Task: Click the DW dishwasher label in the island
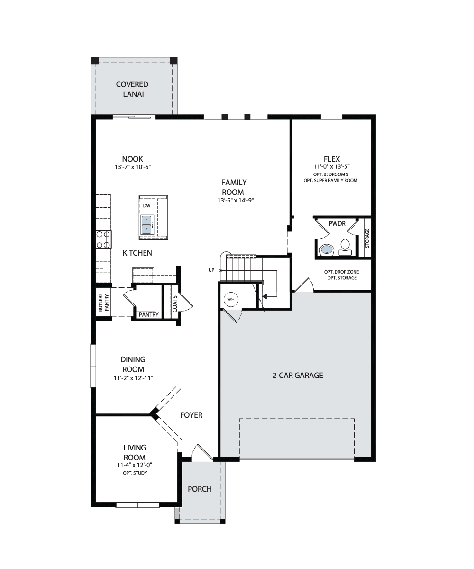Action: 146,205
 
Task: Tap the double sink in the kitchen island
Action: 146,225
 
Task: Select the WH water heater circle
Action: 231,300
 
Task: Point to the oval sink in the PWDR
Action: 327,249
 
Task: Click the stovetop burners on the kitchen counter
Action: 103,239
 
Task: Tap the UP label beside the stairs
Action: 211,270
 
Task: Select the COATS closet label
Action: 175,304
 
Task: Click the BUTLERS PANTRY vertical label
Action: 103,303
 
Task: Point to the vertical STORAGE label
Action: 367,238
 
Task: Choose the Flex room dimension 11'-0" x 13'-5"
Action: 331,166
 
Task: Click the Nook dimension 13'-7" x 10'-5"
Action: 133,167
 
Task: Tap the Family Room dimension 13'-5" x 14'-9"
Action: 236,200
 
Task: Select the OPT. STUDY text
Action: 135,473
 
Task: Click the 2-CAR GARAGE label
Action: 298,376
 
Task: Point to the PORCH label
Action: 200,489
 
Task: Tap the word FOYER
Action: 191,415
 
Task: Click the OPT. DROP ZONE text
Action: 341,272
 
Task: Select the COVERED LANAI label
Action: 132,89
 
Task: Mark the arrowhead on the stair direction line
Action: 264,296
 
